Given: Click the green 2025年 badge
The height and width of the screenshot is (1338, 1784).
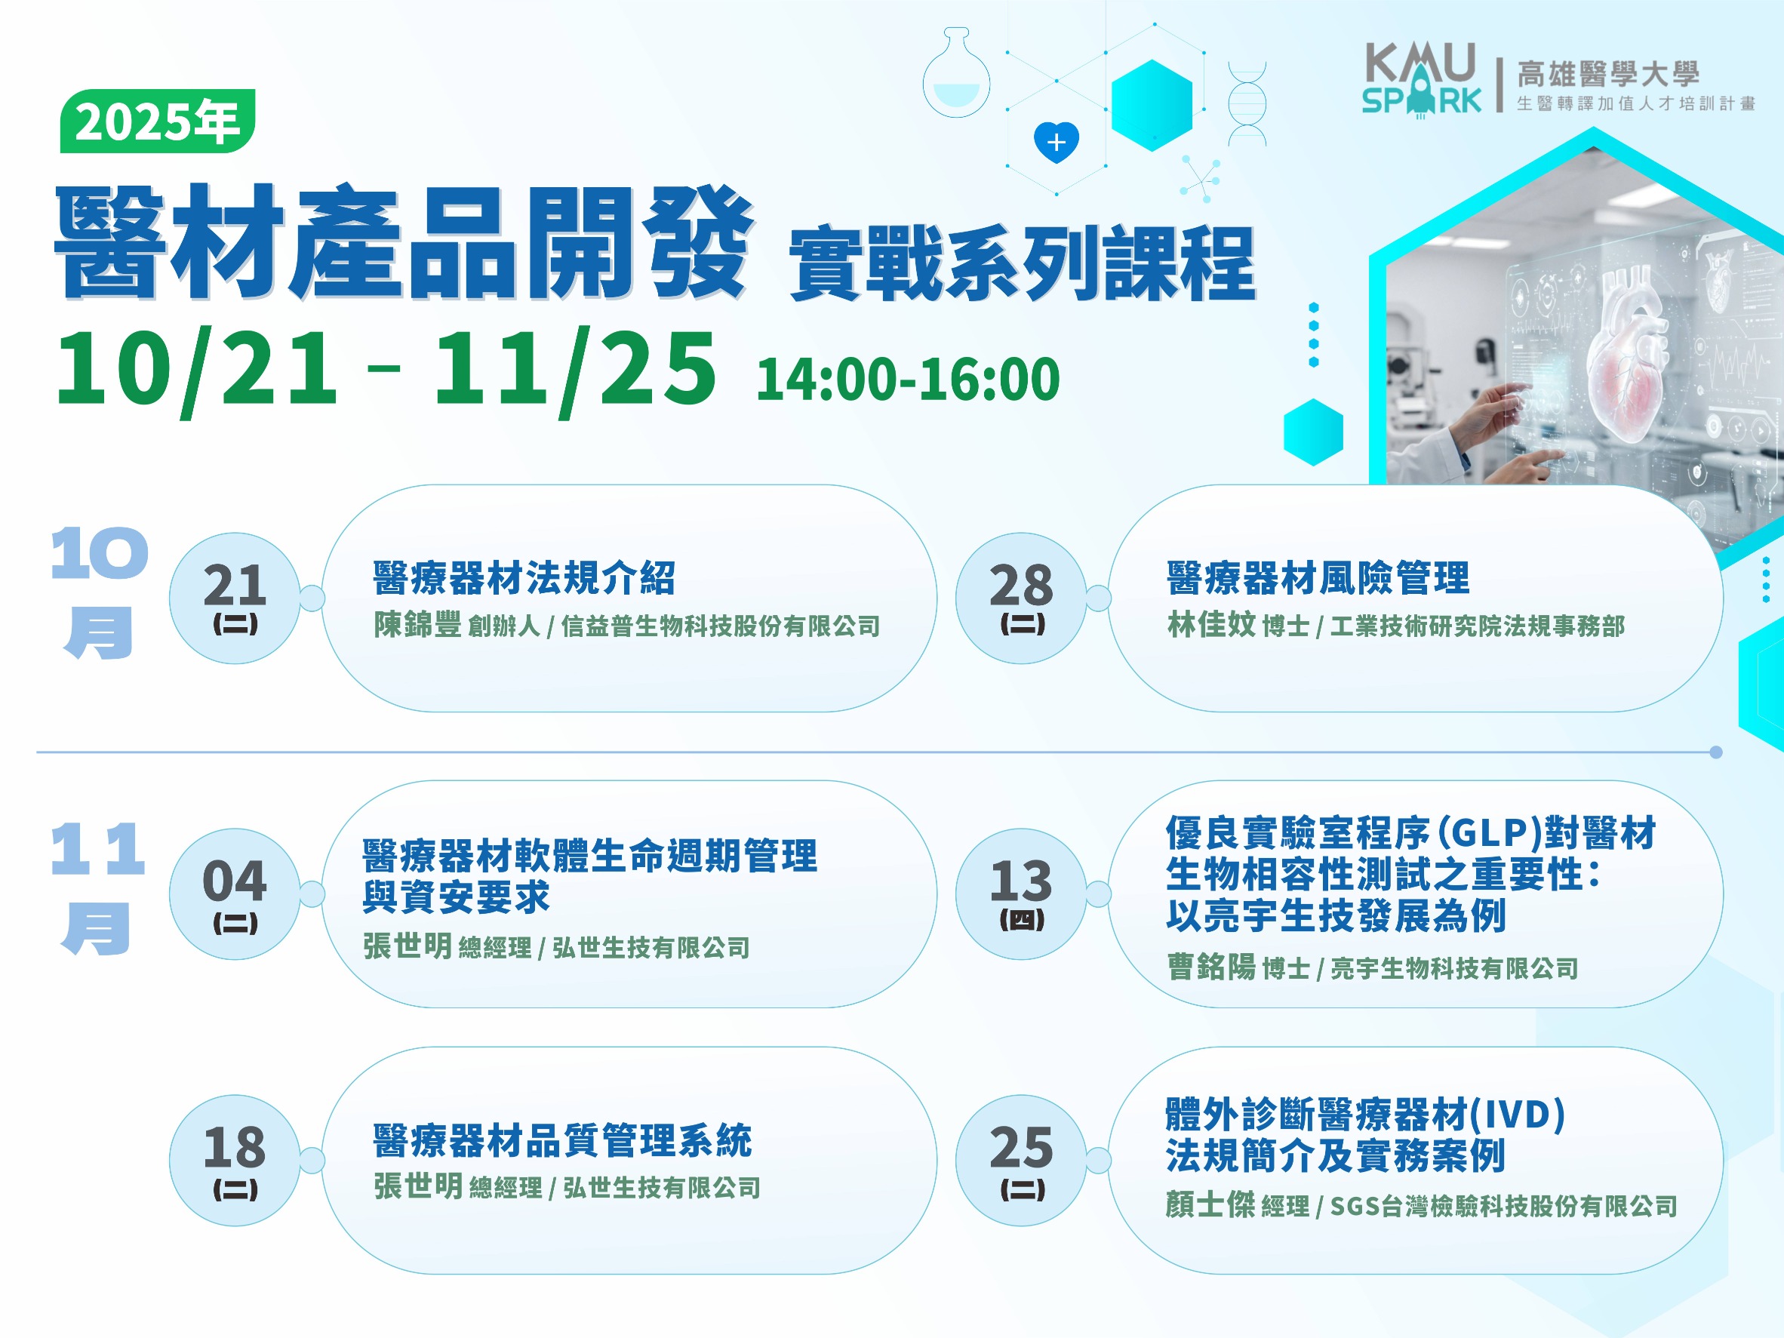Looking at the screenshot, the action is pos(158,121).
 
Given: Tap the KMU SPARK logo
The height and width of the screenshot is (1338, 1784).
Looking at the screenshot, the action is pos(1422,80).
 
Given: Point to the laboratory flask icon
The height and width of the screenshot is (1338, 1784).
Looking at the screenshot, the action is pos(956,72).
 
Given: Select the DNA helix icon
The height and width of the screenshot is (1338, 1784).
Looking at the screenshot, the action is pos(1247,104).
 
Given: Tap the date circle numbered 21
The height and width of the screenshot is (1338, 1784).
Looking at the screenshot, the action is pos(235,598).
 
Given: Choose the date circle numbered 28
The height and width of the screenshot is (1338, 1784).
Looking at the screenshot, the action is pos(1021,598).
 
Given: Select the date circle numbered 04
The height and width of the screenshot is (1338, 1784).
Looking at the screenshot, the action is pos(235,894).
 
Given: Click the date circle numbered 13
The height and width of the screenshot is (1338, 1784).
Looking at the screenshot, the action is pos(1021,894).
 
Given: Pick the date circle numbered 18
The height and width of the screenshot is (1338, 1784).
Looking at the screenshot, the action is pos(235,1160).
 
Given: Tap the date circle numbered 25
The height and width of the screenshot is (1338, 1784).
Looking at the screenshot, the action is pos(1021,1160).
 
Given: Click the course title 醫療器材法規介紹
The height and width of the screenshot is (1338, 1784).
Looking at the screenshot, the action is pos(524,577).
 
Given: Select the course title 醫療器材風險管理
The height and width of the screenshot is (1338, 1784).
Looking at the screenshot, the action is pos(1318,577).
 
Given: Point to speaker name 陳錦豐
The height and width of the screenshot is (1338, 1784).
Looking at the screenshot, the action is pos(417,624).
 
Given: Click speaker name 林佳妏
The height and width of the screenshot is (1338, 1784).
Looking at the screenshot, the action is pos(1211,624).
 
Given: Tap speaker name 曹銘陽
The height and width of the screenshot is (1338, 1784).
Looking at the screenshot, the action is pos(1211,966).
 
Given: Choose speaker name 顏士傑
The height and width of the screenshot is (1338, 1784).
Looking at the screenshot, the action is pos(1210,1205).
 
